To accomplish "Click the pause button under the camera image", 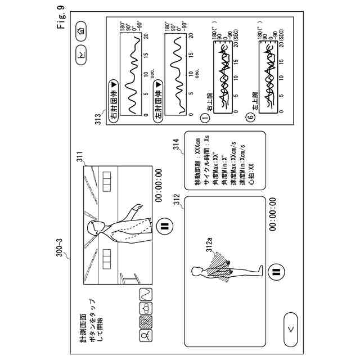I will [165, 227].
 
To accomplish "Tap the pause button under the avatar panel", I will [276, 272].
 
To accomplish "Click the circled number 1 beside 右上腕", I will [205, 118].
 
